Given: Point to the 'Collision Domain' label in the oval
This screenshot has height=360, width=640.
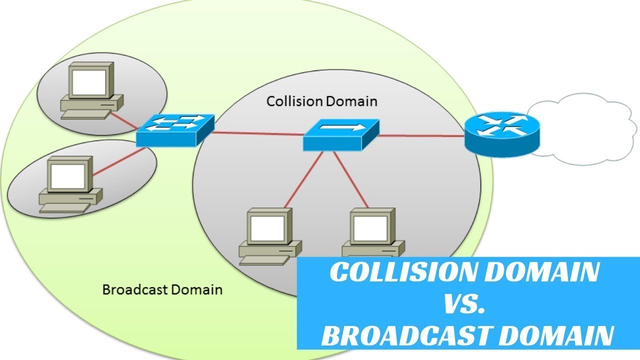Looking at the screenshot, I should (321, 101).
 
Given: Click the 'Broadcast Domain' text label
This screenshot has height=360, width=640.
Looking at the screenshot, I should (162, 289).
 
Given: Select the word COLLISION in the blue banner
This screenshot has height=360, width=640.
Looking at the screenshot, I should (400, 273).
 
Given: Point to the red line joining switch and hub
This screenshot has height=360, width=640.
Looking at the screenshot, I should (257, 133).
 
